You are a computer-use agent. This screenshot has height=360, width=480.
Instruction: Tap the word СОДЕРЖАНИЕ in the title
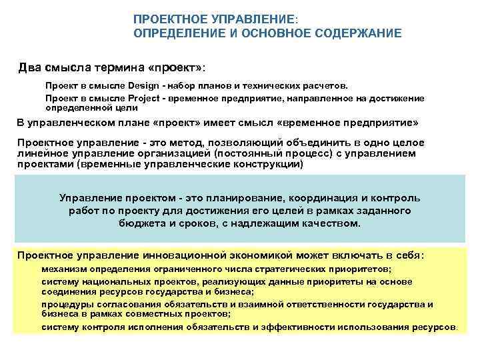tap(360, 33)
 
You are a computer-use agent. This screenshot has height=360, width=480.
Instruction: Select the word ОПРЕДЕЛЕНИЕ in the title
tap(175, 33)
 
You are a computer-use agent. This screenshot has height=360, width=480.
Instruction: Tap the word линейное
tap(40, 153)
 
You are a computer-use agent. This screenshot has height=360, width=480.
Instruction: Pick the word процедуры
tap(65, 304)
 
